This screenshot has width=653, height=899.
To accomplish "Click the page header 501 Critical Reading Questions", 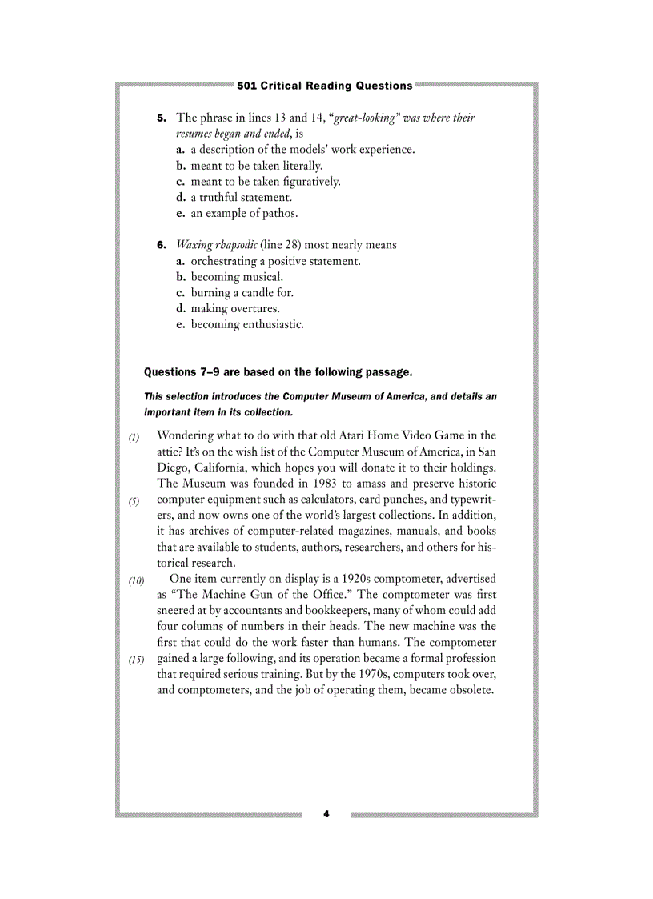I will [x=325, y=86].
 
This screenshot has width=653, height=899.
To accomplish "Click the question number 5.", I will [x=161, y=118].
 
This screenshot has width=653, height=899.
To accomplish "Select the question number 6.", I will [x=161, y=244].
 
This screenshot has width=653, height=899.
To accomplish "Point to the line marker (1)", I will [x=134, y=437].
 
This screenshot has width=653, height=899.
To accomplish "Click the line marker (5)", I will [x=134, y=501].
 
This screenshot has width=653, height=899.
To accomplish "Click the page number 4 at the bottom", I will [x=326, y=814].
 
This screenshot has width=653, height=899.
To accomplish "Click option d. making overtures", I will [x=235, y=308].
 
